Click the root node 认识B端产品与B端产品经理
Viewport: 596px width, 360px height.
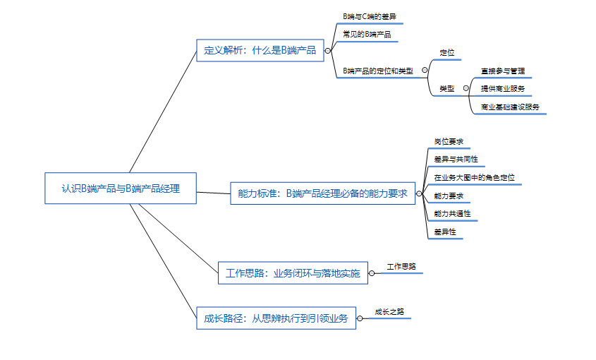tap(120, 188)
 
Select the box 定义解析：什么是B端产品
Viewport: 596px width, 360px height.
tap(260, 50)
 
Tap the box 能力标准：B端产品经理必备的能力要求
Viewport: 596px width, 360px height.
tap(322, 193)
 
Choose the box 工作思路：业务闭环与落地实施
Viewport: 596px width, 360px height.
tap(293, 273)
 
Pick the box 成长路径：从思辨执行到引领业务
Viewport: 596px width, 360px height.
tap(276, 318)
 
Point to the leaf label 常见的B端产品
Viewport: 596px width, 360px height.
tap(366, 34)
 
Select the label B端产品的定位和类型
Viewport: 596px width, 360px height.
tap(377, 71)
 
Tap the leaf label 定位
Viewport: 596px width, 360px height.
tap(446, 53)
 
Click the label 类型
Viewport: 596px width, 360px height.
tap(446, 88)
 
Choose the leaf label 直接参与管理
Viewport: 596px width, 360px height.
tap(502, 71)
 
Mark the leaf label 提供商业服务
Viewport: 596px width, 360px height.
tap(502, 88)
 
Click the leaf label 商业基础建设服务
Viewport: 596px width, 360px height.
tap(510, 107)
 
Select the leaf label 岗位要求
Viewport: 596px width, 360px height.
tap(449, 141)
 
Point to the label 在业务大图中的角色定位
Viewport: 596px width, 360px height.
tap(474, 177)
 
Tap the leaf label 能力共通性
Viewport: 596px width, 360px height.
tap(452, 213)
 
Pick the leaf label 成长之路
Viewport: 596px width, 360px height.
tap(389, 311)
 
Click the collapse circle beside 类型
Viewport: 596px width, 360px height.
tap(466, 88)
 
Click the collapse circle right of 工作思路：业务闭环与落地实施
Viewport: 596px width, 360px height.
tap(372, 273)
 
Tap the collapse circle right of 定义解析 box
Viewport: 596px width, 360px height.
tap(327, 50)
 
